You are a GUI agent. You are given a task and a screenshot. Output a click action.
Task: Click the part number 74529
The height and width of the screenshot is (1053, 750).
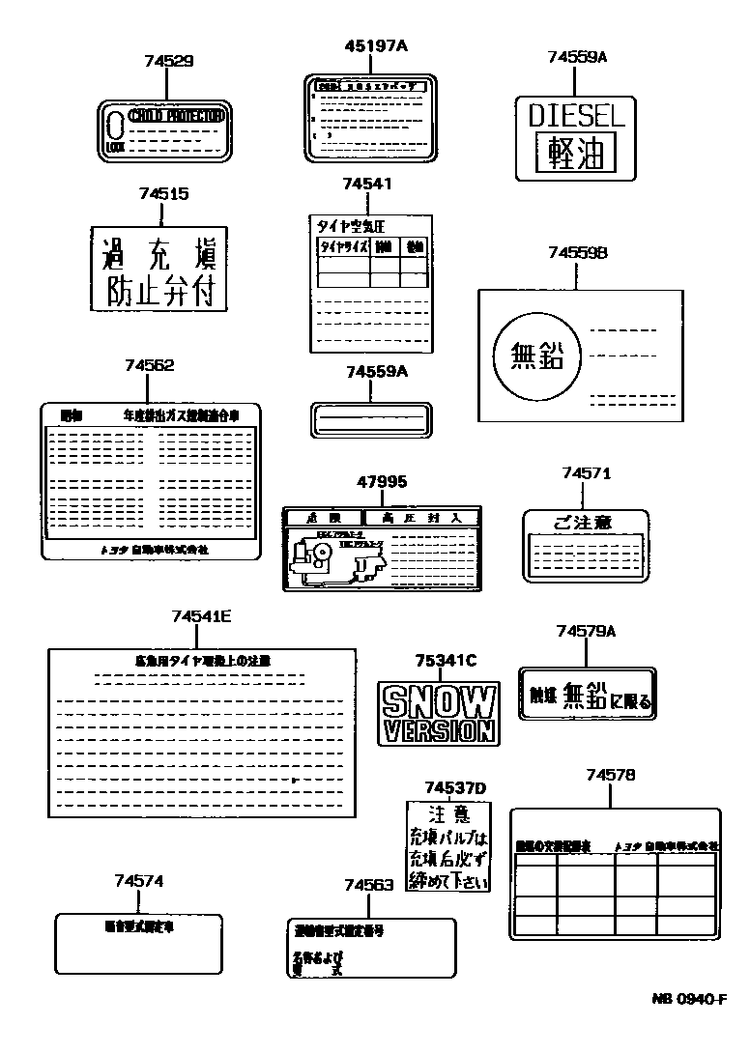click(168, 61)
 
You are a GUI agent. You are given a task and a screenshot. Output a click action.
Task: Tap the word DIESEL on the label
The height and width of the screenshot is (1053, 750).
click(577, 115)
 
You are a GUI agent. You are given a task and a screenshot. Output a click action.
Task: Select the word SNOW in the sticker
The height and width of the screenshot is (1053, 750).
click(440, 700)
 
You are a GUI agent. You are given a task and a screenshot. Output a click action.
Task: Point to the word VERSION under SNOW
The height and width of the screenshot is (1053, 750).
click(440, 729)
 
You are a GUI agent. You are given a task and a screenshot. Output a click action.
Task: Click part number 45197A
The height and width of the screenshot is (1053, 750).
click(376, 45)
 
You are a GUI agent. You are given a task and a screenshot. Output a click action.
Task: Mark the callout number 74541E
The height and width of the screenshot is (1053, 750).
click(201, 615)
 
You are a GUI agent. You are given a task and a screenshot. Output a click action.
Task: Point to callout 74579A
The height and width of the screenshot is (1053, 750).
click(586, 631)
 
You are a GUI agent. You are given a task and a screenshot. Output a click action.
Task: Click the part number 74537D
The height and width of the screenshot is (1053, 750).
click(455, 787)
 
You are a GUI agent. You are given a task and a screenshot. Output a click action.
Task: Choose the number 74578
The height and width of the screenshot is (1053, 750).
click(610, 774)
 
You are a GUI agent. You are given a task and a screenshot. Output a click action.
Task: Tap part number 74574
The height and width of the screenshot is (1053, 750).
click(138, 880)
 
